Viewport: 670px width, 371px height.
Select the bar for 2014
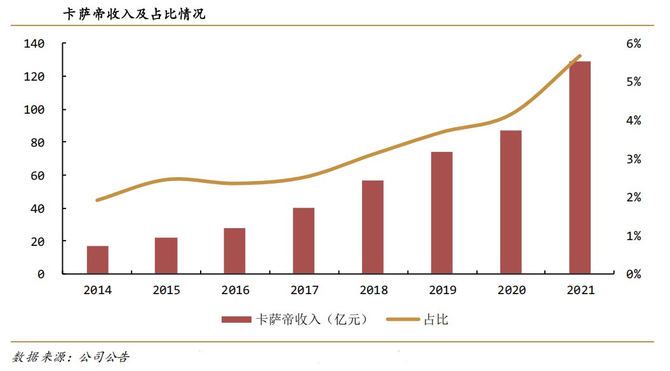coord(98,260)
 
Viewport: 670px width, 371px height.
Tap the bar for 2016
coord(235,251)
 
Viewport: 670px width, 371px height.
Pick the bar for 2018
coord(373,227)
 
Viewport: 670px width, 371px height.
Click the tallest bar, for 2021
coord(580,168)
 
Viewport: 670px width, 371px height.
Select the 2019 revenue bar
coord(442,213)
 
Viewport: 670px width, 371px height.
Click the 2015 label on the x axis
coord(166,290)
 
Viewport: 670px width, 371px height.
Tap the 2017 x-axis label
coord(304,290)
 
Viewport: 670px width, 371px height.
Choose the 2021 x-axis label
coord(580,290)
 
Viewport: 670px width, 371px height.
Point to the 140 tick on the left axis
coord(35,44)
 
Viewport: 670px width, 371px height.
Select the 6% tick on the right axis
coord(633,44)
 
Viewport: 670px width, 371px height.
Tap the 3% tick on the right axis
coord(633,159)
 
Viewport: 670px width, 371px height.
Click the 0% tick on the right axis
coord(633,274)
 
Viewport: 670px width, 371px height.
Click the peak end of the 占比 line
coord(580,57)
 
